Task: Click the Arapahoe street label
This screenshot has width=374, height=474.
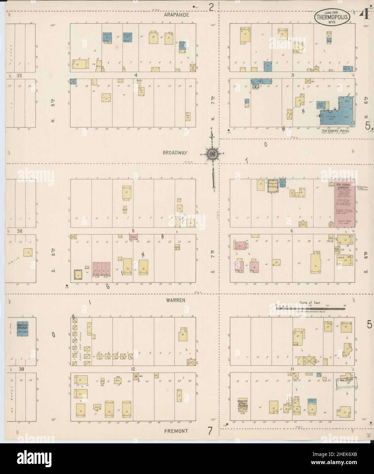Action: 176,15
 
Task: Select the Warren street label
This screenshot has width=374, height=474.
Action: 176,300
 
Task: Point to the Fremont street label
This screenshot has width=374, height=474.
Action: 176,431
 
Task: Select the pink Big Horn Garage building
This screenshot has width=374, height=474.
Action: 345,203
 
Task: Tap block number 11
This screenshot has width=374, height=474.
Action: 292,369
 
